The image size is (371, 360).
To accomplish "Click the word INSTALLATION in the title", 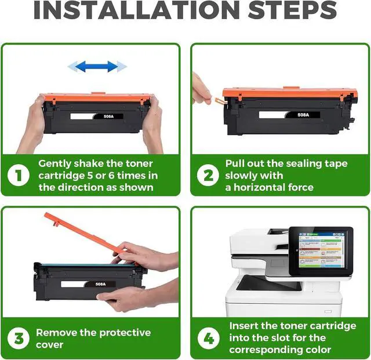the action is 137,10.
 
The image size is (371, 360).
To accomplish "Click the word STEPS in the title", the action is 292,10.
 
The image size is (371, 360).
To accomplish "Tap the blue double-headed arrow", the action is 97,67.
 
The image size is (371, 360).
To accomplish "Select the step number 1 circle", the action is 19,176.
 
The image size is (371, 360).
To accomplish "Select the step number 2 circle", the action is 208,176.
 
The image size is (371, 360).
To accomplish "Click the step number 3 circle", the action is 19,338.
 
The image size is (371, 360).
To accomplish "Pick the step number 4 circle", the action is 209,338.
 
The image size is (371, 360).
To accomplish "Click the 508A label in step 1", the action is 108,117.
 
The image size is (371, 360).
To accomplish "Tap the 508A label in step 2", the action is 303,115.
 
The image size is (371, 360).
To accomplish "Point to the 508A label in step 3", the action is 100,284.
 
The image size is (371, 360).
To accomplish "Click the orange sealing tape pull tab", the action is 219,101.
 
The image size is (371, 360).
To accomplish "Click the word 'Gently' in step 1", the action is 54,164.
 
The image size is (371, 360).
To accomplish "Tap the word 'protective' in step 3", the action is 125,333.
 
